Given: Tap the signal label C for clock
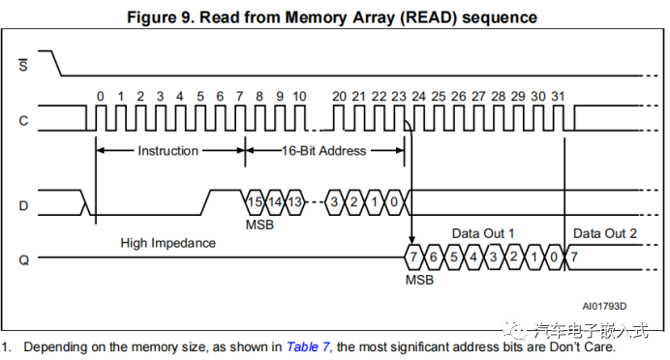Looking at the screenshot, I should pos(23,120).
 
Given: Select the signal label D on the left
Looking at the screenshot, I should pos(23,205).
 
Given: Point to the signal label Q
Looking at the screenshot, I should pos(23,258).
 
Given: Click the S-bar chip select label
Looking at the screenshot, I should pos(23,65).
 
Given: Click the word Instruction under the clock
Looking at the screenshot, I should pos(167,151).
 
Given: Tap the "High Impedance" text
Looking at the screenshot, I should pos(168,242).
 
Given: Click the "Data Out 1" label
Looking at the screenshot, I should pos(482,234).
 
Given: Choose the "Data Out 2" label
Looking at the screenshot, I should pos(605,234).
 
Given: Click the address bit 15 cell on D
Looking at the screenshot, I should pos(255,201).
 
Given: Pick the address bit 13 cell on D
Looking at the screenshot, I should pos(295,201).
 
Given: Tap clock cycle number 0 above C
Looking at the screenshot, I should pos(100,96).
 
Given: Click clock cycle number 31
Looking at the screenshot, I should pos(557,96).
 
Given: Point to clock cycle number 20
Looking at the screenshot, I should pos(338,96).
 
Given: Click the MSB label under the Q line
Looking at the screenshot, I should pos(418,279).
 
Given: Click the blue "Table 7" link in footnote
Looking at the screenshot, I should pos(308,345).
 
